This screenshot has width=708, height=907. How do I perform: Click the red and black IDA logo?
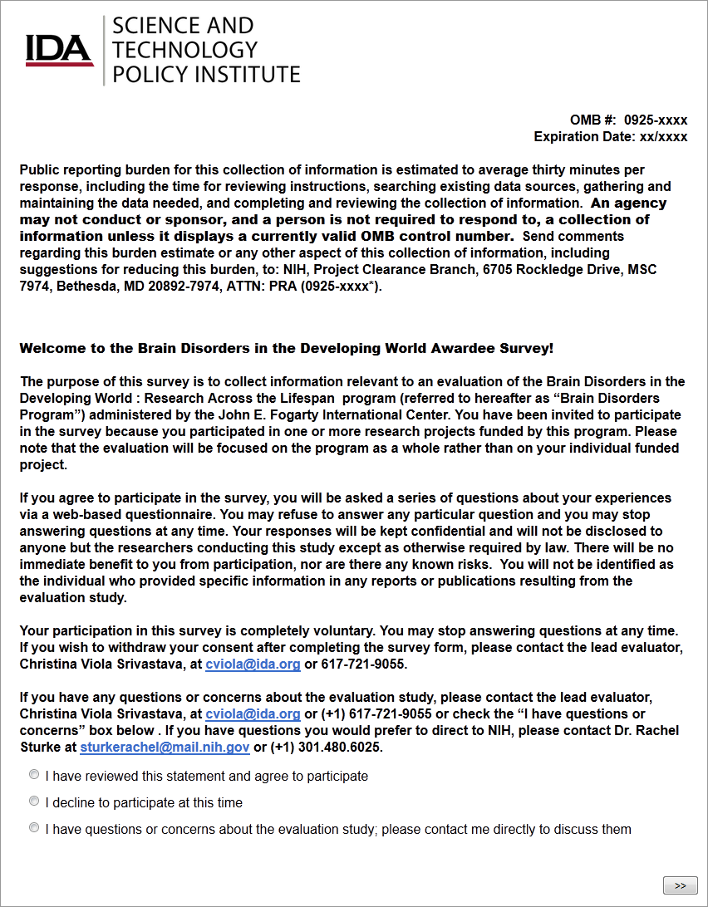coord(59,50)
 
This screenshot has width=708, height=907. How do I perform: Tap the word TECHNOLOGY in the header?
coord(184,50)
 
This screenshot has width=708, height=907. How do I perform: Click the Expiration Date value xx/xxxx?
coord(662,137)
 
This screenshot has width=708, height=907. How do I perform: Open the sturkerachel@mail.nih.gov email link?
coord(165,748)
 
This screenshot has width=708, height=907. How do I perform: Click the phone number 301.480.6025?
coord(345,748)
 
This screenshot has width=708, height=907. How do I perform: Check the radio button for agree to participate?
coord(34,775)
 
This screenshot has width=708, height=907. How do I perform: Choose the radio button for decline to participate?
coord(34,802)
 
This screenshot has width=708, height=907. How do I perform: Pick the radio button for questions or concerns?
coord(34,828)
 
